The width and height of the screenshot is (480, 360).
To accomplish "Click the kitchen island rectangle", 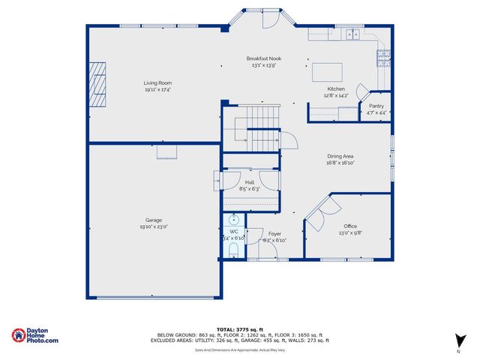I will coord(327,70).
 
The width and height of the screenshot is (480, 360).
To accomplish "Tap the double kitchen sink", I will coord(352,34).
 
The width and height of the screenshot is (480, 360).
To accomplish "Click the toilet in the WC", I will coord(233,247).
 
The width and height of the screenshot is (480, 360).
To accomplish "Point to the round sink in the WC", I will coord(233,220).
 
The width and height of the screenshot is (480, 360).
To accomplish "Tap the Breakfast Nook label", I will coord(264,58).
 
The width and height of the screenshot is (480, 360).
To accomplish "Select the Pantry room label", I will coord(376,106).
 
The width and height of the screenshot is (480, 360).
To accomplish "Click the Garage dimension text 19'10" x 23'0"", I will coord(154,226).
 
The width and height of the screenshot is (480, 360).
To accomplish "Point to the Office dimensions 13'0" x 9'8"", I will coord(350,232).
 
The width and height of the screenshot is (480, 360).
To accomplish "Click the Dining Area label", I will coord(340,157).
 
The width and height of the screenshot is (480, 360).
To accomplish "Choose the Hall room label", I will coord(250,182).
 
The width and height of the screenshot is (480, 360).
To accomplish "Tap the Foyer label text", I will coord(274,234).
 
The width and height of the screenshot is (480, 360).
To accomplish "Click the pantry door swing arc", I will coord(362,94).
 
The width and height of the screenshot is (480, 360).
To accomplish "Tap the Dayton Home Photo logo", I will coord(35,335).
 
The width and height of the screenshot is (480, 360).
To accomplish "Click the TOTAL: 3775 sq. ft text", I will coord(239,328).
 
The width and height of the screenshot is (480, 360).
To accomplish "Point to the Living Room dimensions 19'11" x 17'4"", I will coord(158,89).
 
